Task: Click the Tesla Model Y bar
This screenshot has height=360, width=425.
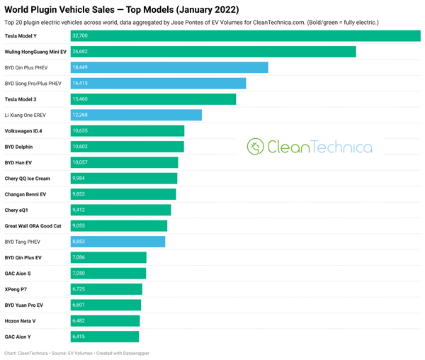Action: click(x=245, y=35)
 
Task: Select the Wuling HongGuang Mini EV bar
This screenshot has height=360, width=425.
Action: click(x=212, y=52)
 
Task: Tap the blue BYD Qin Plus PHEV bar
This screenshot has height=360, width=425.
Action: click(x=169, y=67)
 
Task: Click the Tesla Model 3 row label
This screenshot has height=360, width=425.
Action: click(x=21, y=99)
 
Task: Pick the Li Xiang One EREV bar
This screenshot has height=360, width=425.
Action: click(x=136, y=115)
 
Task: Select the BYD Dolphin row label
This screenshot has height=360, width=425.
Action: click(x=18, y=147)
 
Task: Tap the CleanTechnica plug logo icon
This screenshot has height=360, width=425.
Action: click(x=255, y=147)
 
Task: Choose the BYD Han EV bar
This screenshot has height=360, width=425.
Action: click(x=124, y=162)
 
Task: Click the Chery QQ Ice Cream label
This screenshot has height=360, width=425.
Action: click(x=28, y=179)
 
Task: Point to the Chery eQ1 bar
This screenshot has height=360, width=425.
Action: click(x=120, y=210)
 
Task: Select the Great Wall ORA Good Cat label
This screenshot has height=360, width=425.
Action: click(x=33, y=226)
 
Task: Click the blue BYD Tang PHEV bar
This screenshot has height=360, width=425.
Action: click(x=118, y=242)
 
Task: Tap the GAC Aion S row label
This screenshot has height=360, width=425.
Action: click(x=18, y=274)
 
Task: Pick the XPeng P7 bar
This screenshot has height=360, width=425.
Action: click(x=106, y=289)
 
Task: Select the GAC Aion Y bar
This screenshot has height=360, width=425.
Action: click(x=105, y=337)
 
